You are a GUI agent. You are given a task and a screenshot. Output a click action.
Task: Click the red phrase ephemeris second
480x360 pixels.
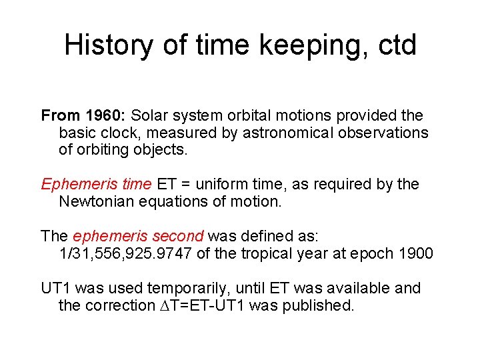(x=139, y=236)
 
